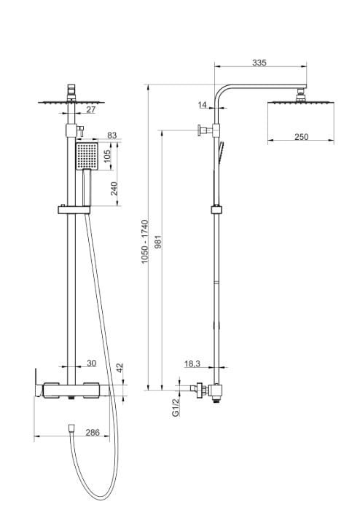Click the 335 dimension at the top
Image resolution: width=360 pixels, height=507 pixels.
(x=259, y=63)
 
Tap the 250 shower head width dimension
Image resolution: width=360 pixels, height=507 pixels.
(x=301, y=137)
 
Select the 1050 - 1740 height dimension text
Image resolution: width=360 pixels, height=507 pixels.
(x=145, y=242)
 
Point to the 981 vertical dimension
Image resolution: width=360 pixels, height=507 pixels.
(x=158, y=242)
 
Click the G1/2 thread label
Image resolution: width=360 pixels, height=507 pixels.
(x=176, y=406)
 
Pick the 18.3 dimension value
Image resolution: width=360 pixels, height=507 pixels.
(x=192, y=363)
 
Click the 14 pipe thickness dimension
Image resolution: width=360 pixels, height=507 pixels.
(x=202, y=104)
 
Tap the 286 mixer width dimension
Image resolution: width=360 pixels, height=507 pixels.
(x=93, y=432)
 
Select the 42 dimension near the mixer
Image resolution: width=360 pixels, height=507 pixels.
(x=120, y=368)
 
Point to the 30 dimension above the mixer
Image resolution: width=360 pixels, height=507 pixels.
(x=92, y=363)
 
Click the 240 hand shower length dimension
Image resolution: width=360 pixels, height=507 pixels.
(x=114, y=188)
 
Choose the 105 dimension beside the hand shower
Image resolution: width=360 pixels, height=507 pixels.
(x=107, y=156)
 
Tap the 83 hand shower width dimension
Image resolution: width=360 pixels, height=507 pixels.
(x=112, y=135)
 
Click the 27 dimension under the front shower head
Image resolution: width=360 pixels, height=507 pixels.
(x=91, y=109)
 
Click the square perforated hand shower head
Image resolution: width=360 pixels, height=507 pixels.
(x=87, y=156)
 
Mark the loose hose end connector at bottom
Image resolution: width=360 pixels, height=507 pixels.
(x=71, y=428)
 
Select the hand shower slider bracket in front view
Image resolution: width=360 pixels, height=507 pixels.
(x=74, y=210)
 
